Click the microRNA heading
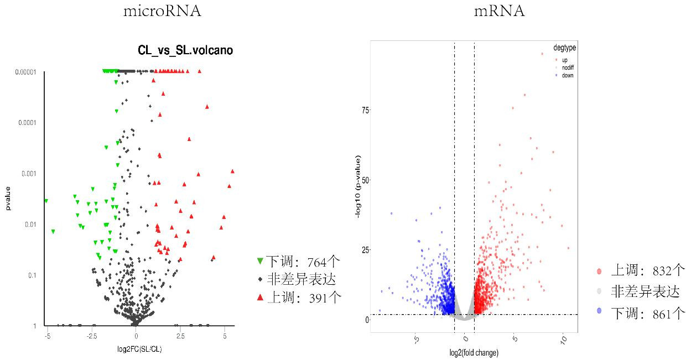[x=162, y=11]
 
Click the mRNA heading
[x=499, y=11]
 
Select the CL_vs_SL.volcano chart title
[x=185, y=50]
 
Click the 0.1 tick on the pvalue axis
[x=33, y=275]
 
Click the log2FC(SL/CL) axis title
[x=136, y=349]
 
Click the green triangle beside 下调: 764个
[x=260, y=261]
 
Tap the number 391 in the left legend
[x=314, y=298]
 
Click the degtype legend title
[x=564, y=48]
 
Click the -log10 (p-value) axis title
[x=358, y=187]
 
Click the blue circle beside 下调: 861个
[x=599, y=314]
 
